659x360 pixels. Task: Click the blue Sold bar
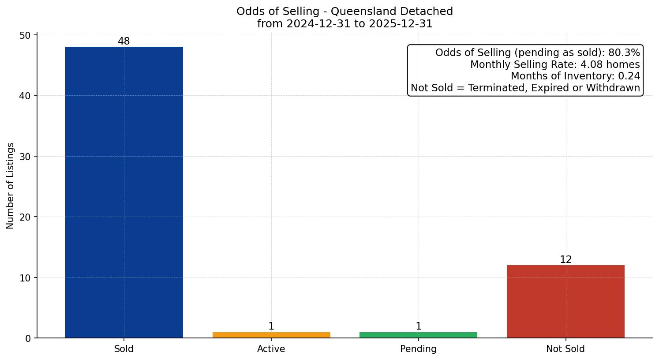tap(124, 192)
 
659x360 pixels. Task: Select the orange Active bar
tap(271, 335)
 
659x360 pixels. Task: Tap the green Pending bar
tap(418, 335)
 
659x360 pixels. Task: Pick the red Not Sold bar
tap(565, 301)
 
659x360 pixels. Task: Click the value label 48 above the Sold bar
tap(124, 41)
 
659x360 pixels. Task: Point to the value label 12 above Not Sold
tap(565, 260)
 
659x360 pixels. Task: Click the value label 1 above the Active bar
tap(271, 326)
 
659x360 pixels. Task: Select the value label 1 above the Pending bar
tap(418, 326)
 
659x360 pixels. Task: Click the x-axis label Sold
tap(124, 349)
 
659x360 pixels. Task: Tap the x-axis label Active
tap(271, 349)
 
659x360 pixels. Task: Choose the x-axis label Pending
tap(418, 349)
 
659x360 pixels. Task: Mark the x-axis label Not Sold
tap(565, 349)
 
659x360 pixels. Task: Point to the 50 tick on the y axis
tap(25, 35)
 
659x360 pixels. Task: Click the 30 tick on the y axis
tap(25, 157)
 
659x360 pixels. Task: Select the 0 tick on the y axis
tap(28, 338)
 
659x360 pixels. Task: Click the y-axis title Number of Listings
tap(11, 186)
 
